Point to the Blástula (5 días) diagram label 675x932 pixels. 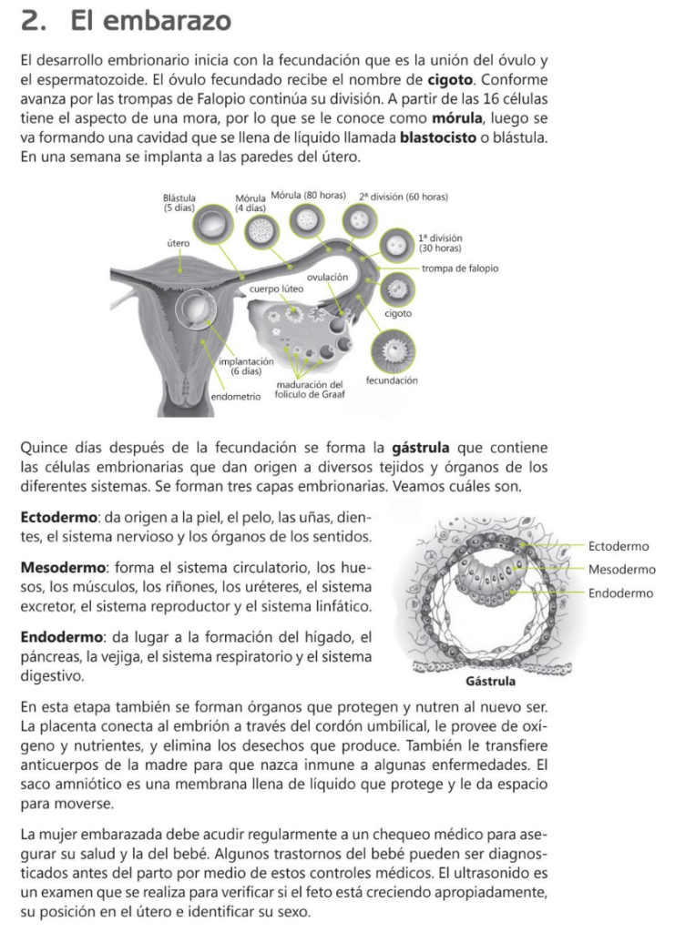pos(179,202)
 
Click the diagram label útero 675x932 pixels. pos(178,243)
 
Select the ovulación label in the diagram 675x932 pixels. pos(328,277)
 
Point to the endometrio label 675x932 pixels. pos(236,398)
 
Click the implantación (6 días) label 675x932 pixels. pos(246,367)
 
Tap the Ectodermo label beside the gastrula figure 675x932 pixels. pos(619,546)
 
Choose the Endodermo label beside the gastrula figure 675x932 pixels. pos(620,593)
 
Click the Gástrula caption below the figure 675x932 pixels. pos(490,681)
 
